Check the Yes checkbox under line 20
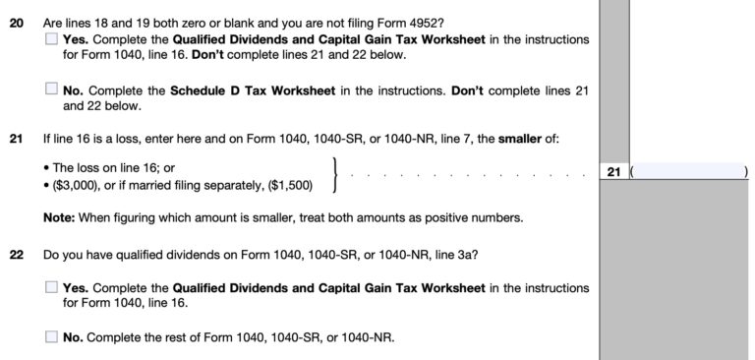coord(51,39)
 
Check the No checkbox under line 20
coord(51,89)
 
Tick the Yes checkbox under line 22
coord(51,287)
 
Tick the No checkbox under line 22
coord(51,336)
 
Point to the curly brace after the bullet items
coord(337,175)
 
